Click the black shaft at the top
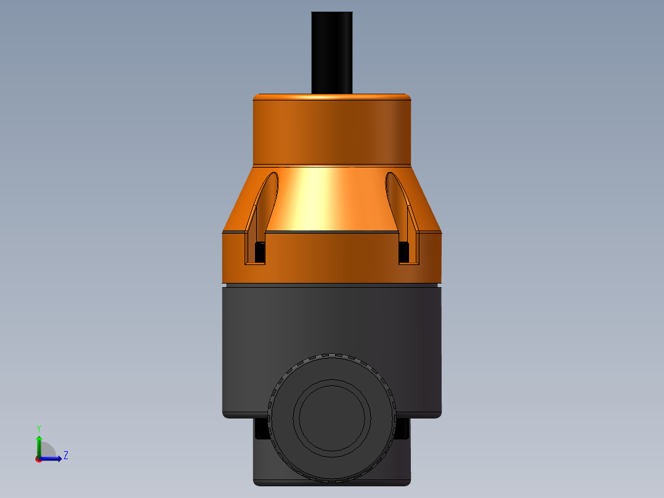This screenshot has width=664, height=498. click(332, 52)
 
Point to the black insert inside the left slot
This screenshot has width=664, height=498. click(260, 251)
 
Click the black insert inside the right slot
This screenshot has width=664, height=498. click(404, 251)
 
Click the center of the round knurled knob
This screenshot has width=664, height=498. click(332, 417)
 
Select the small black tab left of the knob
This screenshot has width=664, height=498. click(261, 429)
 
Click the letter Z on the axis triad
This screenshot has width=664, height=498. click(66, 455)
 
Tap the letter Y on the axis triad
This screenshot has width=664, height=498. click(39, 428)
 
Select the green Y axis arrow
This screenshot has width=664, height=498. click(39, 444)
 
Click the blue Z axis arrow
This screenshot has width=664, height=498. click(53, 459)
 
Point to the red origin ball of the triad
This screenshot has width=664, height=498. click(39, 459)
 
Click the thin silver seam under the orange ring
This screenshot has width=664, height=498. click(332, 285)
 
